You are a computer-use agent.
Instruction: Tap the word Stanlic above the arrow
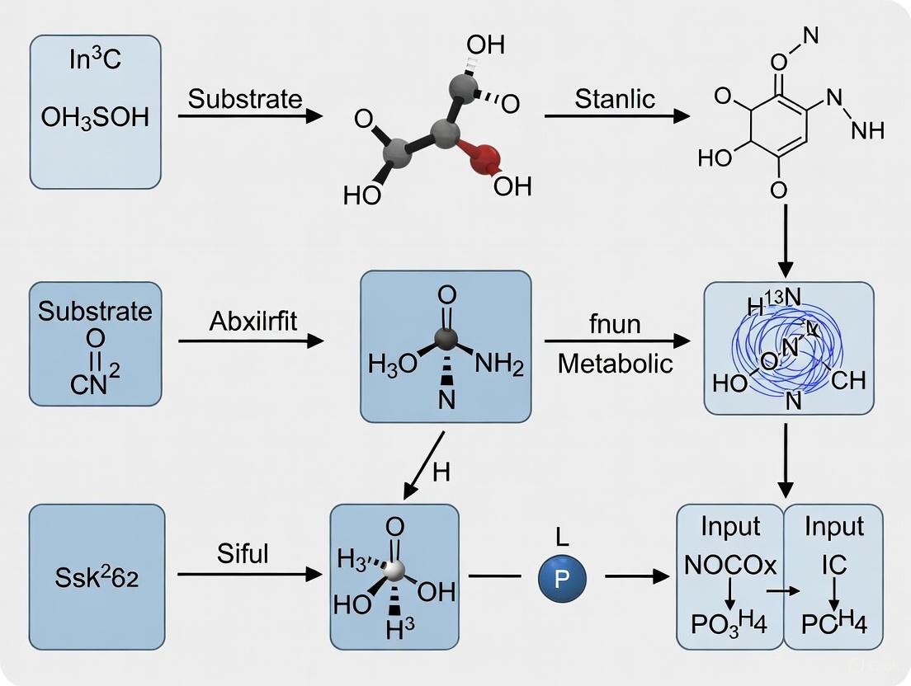615,99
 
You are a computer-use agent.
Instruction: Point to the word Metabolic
615,363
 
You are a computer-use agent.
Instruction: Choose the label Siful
243,553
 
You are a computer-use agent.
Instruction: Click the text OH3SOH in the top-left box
95,117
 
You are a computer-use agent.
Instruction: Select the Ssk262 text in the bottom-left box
97,577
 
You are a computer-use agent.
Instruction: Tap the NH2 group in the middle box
498,365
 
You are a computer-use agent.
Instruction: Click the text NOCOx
730,566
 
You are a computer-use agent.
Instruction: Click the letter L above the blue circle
562,538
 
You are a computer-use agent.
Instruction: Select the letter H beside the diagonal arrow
441,472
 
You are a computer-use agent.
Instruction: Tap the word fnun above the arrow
615,323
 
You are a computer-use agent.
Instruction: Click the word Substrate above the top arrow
245,99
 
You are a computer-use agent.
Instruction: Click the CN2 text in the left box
95,382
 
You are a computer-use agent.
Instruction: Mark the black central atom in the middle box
446,338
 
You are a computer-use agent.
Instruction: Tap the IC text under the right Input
833,566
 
